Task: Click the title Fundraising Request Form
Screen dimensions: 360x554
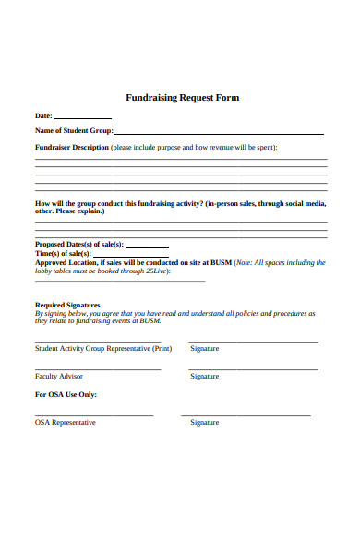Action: [182, 98]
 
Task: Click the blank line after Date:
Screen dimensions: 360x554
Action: [83, 118]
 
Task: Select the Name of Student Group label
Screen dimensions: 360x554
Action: [73, 132]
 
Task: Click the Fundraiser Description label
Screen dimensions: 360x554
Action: [71, 148]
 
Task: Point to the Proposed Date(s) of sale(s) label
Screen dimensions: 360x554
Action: [78, 244]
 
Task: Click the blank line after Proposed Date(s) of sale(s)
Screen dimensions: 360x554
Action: [146, 247]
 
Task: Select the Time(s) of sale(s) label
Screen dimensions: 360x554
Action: [63, 253]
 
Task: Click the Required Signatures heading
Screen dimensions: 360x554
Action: [67, 305]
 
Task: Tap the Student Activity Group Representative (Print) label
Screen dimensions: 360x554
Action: [103, 349]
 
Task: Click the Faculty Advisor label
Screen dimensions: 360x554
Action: [59, 377]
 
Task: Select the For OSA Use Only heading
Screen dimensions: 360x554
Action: [66, 395]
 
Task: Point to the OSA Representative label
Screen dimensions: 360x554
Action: [65, 423]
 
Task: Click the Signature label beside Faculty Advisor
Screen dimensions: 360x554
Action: [204, 377]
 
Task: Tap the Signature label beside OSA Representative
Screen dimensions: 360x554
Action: [204, 423]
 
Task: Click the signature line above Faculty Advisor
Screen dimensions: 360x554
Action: [98, 369]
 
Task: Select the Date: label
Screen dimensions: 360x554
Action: [43, 116]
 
